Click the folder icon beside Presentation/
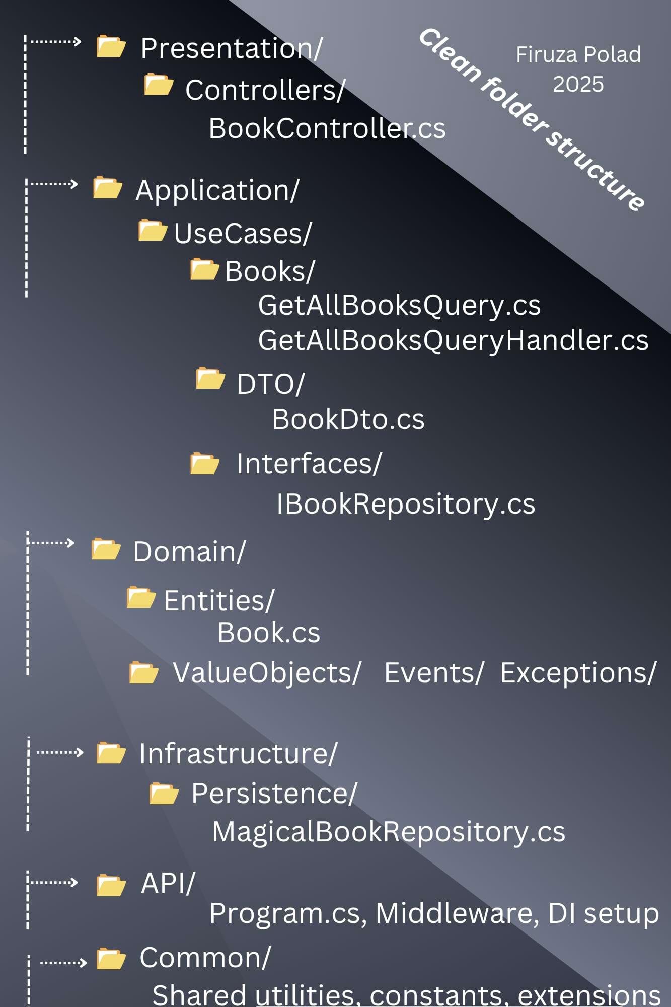111,47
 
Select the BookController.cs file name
327,128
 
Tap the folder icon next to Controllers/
159,85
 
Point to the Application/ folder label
217,191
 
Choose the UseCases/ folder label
243,234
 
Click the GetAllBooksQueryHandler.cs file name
453,340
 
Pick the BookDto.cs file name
348,419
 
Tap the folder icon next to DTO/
210,379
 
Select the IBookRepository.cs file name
406,504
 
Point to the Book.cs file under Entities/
268,633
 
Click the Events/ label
433,673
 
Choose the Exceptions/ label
578,673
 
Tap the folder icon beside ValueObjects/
143,673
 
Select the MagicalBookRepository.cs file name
388,831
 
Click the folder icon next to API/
111,886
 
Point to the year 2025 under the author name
578,84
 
